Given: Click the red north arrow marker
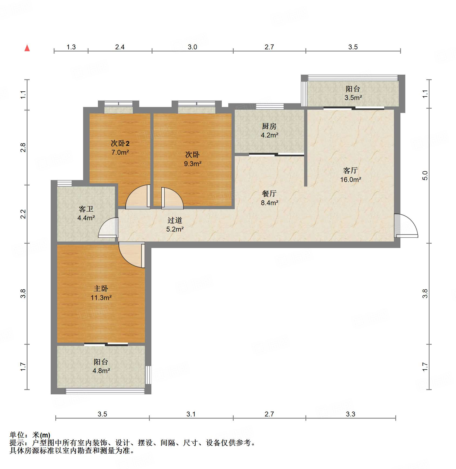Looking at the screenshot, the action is click(27, 48).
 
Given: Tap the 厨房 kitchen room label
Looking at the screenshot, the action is click(269, 126).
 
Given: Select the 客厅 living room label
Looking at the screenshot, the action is click(350, 170).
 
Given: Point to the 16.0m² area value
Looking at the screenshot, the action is click(350, 180).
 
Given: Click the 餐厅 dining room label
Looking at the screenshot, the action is click(269, 194).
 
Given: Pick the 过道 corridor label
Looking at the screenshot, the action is click(175, 220).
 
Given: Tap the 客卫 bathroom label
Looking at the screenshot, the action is click(86, 209).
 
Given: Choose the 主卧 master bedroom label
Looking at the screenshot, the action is click(101, 289).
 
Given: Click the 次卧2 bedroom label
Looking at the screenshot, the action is click(120, 143).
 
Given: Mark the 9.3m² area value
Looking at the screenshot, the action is click(193, 164).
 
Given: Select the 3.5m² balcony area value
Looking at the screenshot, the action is click(353, 98).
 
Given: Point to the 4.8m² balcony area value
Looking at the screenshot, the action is click(101, 371).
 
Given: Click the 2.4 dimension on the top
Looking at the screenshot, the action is click(120, 47).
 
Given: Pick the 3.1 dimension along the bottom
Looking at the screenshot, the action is click(191, 414).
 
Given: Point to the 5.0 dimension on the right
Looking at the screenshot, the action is click(425, 176).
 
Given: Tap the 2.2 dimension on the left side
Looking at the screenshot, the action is click(23, 214).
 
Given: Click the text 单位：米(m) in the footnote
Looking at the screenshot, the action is click(30, 435).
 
